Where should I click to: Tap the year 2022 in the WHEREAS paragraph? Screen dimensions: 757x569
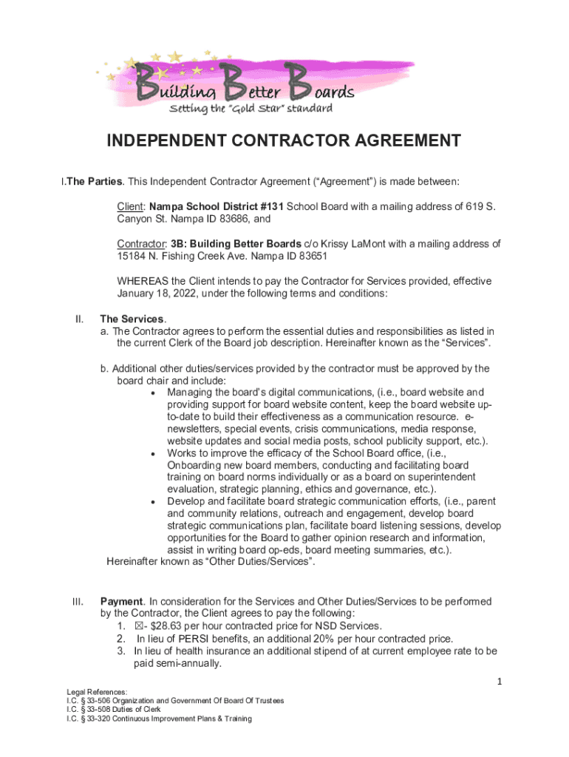click(x=184, y=293)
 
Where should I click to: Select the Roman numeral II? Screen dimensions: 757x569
click(x=78, y=319)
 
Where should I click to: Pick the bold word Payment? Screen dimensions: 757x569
click(x=121, y=602)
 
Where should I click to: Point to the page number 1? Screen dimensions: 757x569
click(x=500, y=681)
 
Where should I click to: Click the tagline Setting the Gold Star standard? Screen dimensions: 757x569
click(x=251, y=109)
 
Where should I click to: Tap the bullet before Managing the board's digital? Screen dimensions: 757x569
click(x=152, y=393)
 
